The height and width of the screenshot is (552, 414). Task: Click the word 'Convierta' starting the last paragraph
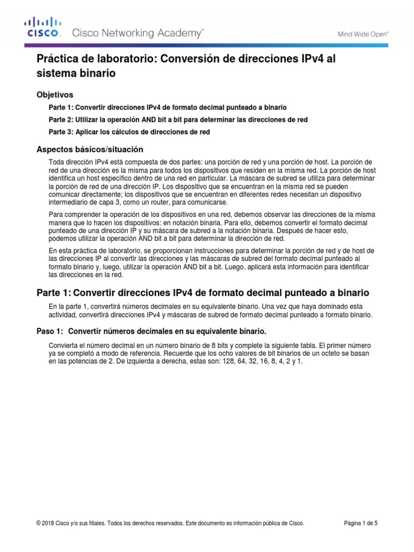[63, 345]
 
